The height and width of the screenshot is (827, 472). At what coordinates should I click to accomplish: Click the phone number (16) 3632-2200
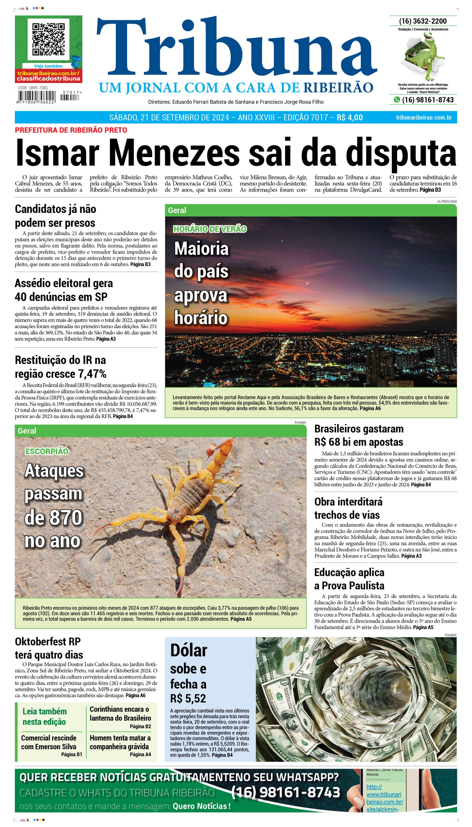coord(423,21)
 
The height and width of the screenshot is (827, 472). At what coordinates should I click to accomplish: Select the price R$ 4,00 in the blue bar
coord(350,117)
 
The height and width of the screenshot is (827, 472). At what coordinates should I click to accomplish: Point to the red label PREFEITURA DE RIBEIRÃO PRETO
coord(71,130)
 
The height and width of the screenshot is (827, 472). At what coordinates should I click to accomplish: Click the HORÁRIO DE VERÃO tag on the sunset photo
coord(210,229)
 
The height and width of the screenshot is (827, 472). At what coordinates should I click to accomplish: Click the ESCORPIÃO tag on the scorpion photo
coord(47,451)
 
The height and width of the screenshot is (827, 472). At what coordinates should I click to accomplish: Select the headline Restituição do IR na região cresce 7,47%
coord(61,367)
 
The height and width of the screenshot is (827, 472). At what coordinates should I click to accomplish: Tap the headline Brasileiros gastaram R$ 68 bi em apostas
coord(359,435)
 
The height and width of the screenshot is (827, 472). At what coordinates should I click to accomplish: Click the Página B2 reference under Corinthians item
coord(140,726)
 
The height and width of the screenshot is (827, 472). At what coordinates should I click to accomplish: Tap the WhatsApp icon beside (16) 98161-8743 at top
coord(397,100)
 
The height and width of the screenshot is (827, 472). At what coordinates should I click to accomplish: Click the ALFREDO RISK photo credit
coord(447,201)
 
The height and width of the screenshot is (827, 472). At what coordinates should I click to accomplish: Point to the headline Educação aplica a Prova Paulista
coord(349,579)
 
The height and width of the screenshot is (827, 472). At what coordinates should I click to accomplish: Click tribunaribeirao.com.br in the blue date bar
coord(424,117)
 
